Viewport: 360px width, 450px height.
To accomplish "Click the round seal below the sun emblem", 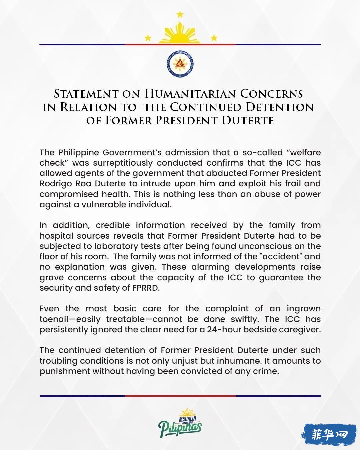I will (180, 64).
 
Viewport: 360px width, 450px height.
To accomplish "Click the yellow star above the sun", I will (180, 14).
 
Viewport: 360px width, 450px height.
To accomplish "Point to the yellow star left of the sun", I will (148, 38).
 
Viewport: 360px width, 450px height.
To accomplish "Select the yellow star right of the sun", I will (214, 38).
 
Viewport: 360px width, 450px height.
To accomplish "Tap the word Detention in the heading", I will (280, 107).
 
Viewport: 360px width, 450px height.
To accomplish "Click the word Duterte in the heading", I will (248, 120).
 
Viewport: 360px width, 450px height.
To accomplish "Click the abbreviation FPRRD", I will (146, 288).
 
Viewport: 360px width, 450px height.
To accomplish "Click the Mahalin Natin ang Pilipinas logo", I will (180, 423).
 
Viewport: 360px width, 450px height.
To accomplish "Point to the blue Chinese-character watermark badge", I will (330, 434).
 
